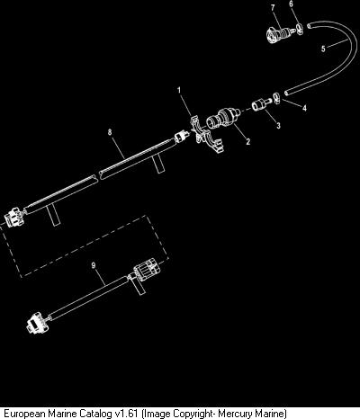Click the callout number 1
point(179,90)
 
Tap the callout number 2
point(247,141)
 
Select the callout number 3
point(278,126)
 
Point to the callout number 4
point(304,108)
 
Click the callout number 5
point(323,49)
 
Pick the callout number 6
point(291,4)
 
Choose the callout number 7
point(273,8)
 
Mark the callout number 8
point(110,132)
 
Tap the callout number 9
point(94,265)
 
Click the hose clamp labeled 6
point(300,29)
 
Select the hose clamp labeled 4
point(276,98)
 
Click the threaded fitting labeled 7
point(280,33)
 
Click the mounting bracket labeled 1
point(206,135)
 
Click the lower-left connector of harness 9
point(37,323)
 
